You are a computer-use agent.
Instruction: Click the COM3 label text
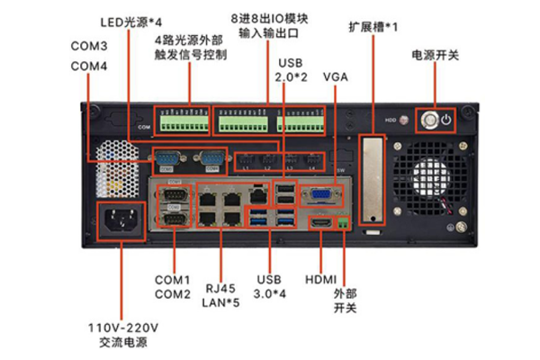(x=89, y=45)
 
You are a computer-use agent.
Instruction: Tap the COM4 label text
(x=89, y=66)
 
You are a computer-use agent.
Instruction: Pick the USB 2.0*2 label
(x=292, y=70)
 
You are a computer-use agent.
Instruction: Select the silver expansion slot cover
(x=370, y=181)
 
